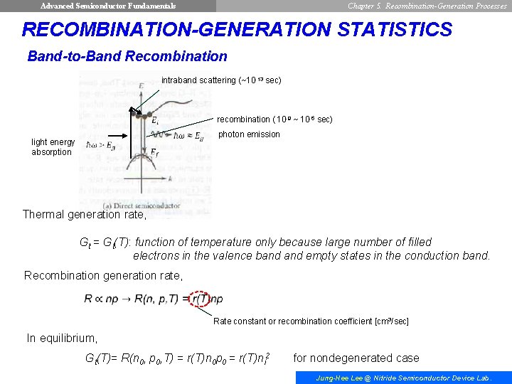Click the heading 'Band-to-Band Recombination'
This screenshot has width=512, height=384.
127,56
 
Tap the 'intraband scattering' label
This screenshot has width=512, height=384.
221,80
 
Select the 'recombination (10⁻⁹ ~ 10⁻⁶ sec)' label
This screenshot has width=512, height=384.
274,119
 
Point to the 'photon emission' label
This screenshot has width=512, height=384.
249,134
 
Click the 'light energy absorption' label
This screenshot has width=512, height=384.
53,147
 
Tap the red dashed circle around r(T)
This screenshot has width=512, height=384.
201,299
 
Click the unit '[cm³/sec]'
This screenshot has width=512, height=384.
392,321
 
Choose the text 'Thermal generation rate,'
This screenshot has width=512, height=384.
85,214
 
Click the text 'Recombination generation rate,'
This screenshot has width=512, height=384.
103,275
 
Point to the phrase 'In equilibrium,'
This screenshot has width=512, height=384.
62,338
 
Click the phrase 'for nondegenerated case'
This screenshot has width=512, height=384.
356,358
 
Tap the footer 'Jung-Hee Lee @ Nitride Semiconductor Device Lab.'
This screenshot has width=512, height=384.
402,378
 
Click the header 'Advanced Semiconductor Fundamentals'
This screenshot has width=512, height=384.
108,6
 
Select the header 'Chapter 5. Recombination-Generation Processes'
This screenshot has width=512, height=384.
427,6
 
